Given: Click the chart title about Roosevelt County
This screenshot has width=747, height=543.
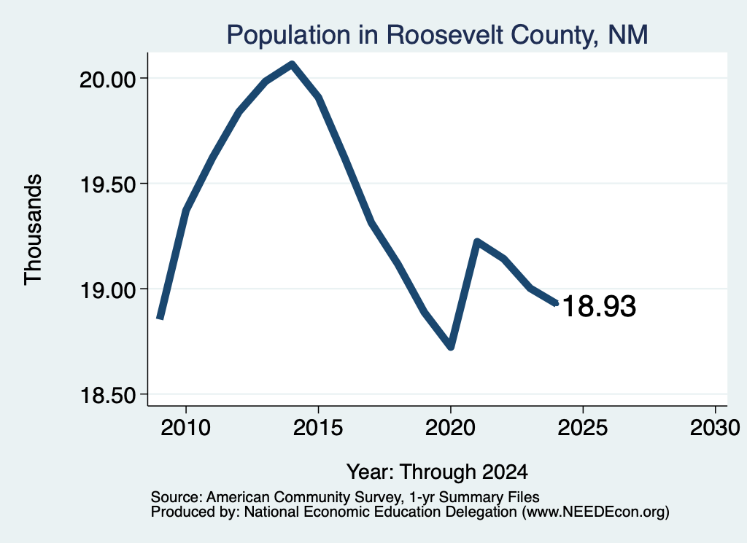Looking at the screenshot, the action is tap(437, 35).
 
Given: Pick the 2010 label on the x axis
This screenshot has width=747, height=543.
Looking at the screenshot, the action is tap(186, 428).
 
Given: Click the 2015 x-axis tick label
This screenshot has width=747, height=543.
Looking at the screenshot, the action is tap(318, 428).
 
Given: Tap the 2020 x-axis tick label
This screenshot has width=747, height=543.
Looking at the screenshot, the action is tap(450, 428).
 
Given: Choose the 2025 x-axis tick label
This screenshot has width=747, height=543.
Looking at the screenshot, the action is tap(583, 428).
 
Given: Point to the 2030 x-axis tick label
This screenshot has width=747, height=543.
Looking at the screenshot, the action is tap(715, 428).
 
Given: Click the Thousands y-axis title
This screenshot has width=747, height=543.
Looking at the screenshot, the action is tap(34, 230).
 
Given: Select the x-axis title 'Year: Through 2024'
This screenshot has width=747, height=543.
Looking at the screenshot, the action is tap(438, 472).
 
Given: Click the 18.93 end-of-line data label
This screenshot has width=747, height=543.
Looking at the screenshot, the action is tap(600, 306).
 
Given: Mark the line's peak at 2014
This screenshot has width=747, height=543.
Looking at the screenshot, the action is tap(292, 64).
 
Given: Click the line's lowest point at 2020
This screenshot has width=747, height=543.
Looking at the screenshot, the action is tap(451, 348).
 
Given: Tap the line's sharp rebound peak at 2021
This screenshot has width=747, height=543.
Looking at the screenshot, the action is tap(477, 241).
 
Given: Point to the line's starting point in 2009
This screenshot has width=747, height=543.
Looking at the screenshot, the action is tap(160, 318).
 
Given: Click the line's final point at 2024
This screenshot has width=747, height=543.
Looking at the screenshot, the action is tap(556, 303).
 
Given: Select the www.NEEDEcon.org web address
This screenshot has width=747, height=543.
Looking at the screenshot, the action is tap(595, 512).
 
